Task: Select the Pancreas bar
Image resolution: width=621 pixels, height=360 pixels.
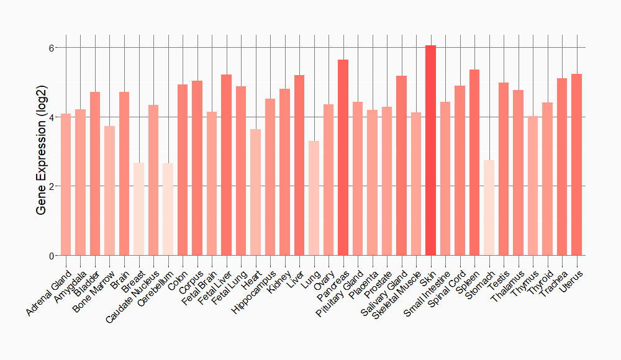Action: pos(343,158)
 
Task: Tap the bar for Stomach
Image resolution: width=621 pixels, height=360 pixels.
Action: pos(489,208)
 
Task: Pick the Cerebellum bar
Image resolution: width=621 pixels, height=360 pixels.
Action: pos(168,209)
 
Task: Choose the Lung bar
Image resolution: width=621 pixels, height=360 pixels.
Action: pos(314,199)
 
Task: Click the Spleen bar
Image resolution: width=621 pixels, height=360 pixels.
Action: pos(474,163)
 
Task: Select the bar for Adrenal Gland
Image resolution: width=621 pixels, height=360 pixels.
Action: pos(66,185)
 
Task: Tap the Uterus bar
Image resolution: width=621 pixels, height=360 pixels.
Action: pos(577,164)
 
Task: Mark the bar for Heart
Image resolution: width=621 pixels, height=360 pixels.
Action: pos(256,192)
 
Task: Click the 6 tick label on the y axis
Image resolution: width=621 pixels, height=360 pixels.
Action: pos(52,48)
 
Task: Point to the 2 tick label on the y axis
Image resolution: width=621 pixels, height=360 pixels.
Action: pos(52,186)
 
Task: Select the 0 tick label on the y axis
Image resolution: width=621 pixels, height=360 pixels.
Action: pos(52,256)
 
